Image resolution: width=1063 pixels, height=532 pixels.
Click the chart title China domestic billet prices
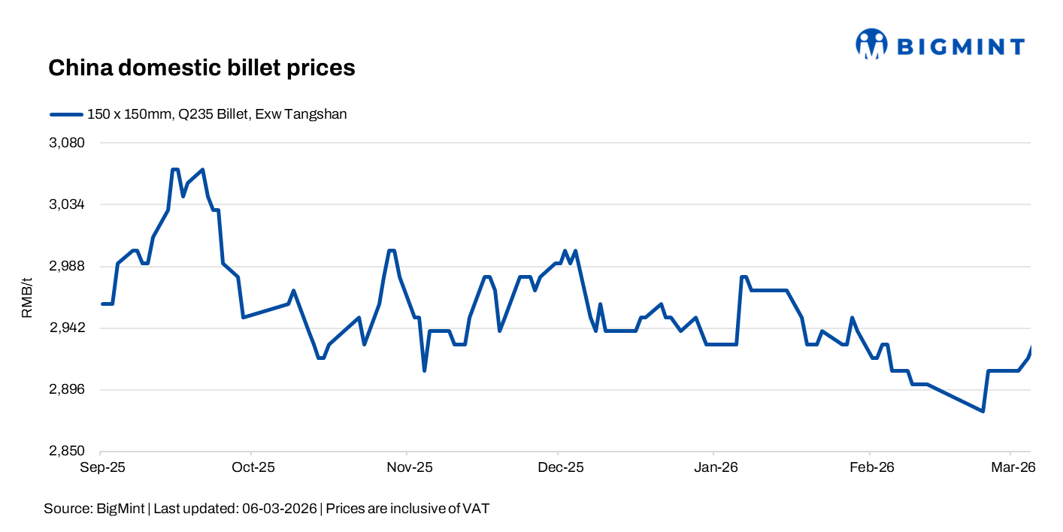201,68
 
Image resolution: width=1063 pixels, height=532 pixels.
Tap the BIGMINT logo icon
871,44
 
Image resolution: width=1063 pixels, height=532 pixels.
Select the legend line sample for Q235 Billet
65,115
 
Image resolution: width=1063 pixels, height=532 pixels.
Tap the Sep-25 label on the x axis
101,467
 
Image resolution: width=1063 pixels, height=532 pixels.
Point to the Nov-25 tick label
407,467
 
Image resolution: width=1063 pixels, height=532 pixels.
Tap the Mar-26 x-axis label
1012,467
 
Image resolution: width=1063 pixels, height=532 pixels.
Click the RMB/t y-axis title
27,298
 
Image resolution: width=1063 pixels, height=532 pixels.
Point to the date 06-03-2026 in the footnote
280,509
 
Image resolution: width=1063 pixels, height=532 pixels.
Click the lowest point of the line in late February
983,411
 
